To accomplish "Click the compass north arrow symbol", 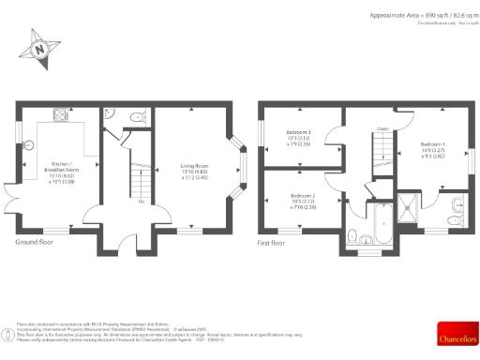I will click(40, 48).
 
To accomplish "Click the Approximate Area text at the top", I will click(413, 16).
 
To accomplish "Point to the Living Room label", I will click(194, 169).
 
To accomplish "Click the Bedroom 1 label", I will click(422, 151).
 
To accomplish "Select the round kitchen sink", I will click(29, 145).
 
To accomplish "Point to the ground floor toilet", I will click(136, 117).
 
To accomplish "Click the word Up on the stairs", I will click(141, 202).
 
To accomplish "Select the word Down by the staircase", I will click(382, 128).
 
